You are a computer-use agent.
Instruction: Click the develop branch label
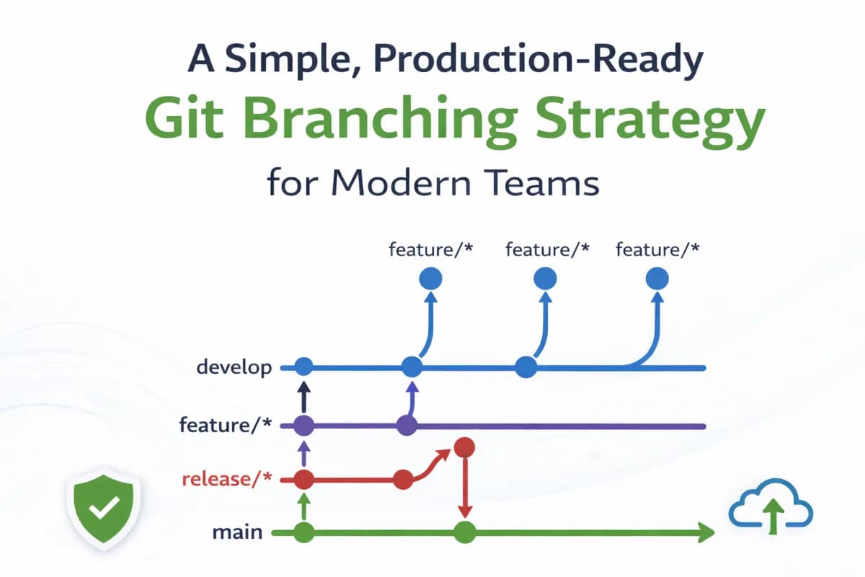click(x=234, y=368)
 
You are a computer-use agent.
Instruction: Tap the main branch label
click(x=237, y=534)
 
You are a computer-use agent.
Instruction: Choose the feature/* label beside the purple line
click(x=226, y=425)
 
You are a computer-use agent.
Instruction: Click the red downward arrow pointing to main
click(x=465, y=490)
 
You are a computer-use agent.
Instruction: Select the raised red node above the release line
click(x=464, y=447)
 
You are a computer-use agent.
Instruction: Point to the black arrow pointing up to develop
click(x=303, y=397)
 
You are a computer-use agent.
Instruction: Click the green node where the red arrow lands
click(x=465, y=534)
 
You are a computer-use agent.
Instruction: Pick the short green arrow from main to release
click(x=303, y=506)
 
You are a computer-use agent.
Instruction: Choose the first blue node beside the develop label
click(x=303, y=367)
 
